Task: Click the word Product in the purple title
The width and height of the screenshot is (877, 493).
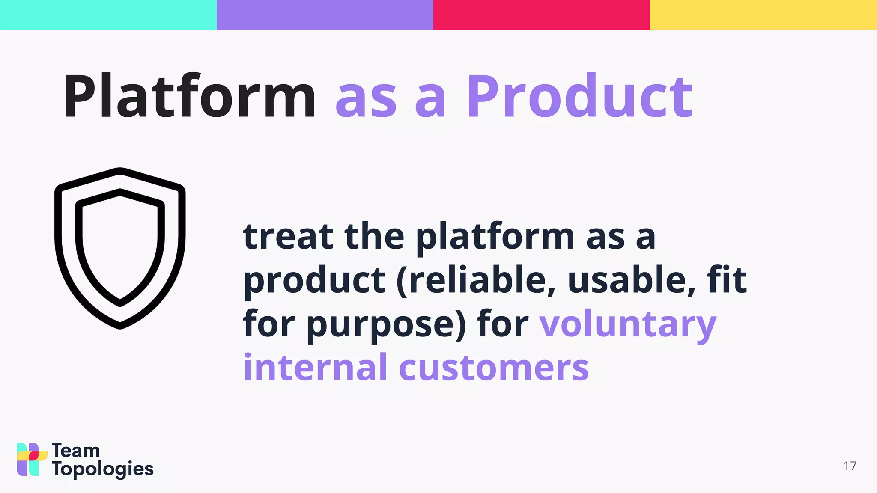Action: tap(579, 96)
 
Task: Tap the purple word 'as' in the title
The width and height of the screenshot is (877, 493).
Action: tap(366, 101)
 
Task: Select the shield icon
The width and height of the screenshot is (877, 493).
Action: tap(120, 248)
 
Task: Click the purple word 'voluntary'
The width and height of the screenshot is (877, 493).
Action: tap(627, 324)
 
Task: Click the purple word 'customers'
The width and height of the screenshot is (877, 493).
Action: tap(494, 368)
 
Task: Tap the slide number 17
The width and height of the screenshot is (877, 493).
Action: tap(850, 466)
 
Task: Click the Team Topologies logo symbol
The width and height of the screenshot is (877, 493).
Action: tap(31, 459)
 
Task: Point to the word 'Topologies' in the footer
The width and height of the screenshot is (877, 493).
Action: tap(102, 469)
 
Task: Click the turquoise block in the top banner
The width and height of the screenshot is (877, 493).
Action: tap(108, 15)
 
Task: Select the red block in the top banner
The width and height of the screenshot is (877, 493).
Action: tap(541, 15)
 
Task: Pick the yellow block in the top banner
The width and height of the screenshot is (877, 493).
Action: tap(763, 15)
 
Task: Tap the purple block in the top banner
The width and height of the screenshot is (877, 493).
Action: tap(325, 15)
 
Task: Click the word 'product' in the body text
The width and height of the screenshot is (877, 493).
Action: tap(315, 280)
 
